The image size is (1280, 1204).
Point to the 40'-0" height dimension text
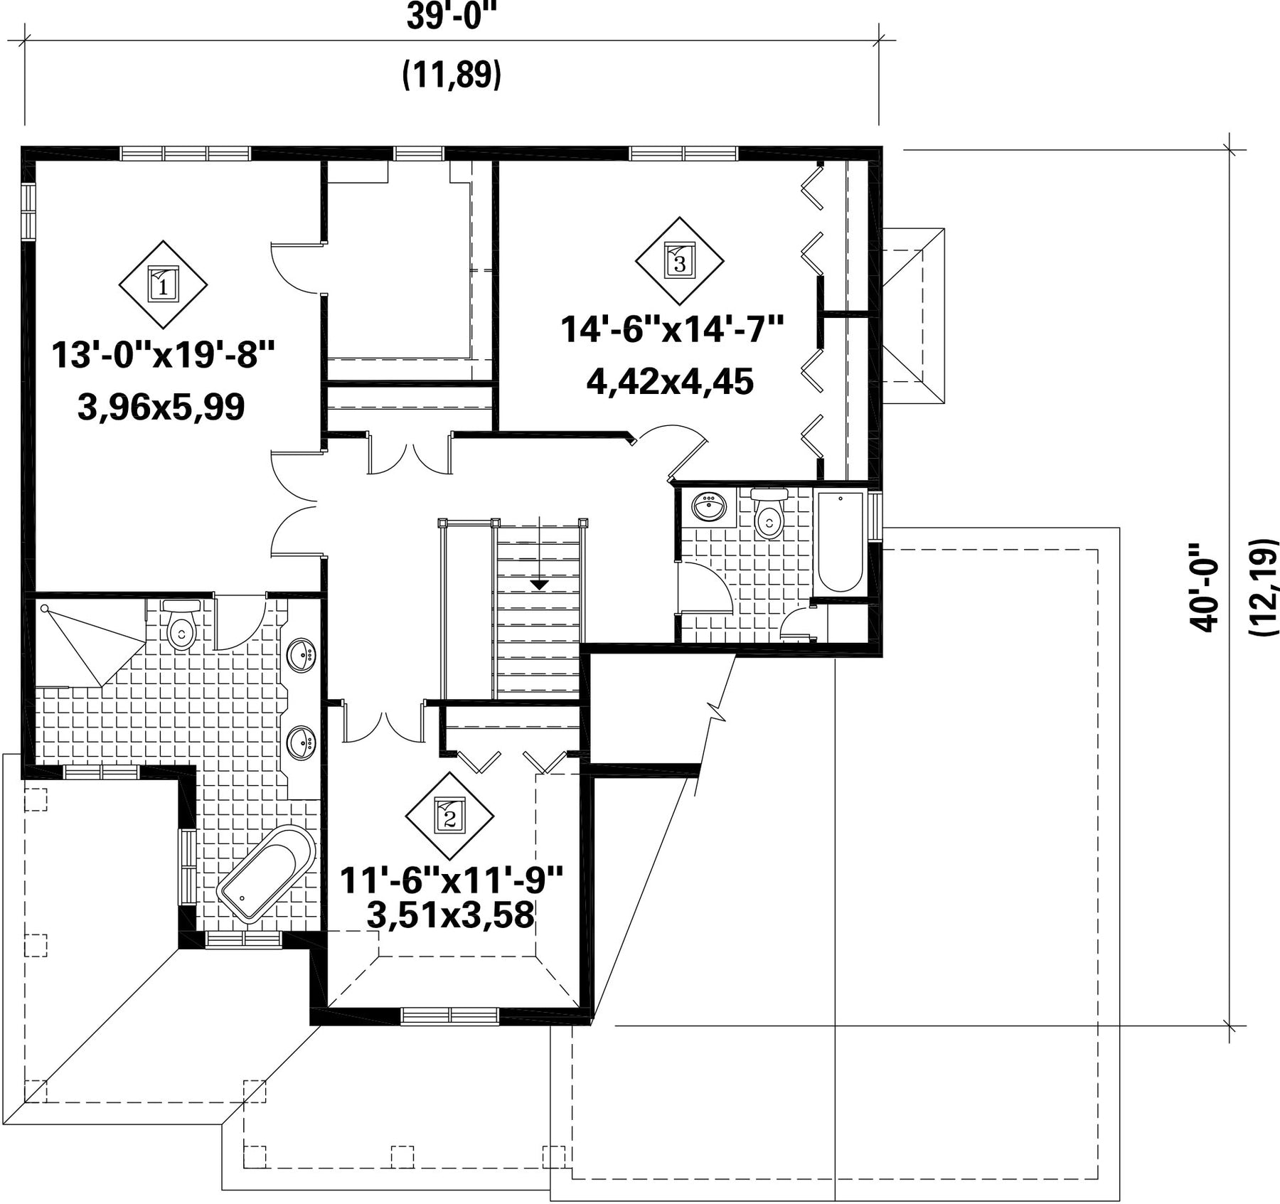pyautogui.click(x=1206, y=588)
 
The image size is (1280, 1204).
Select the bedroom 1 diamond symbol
pyautogui.click(x=163, y=284)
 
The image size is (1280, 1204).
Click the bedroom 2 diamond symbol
pyautogui.click(x=449, y=815)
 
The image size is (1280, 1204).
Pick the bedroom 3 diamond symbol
pyautogui.click(x=679, y=261)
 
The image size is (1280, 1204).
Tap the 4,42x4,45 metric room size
pyautogui.click(x=670, y=382)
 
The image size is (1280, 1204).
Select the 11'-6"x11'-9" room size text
pyautogui.click(x=452, y=880)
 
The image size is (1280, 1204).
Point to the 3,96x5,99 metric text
pyautogui.click(x=161, y=407)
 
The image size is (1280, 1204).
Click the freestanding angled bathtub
pyautogui.click(x=265, y=875)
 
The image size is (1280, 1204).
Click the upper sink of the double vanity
pyautogui.click(x=302, y=655)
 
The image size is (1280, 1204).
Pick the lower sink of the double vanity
pyautogui.click(x=302, y=743)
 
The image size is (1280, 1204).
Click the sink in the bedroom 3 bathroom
pyautogui.click(x=708, y=506)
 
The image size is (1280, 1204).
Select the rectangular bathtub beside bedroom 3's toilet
pyautogui.click(x=840, y=542)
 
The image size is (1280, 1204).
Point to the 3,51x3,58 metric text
pyautogui.click(x=451, y=915)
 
